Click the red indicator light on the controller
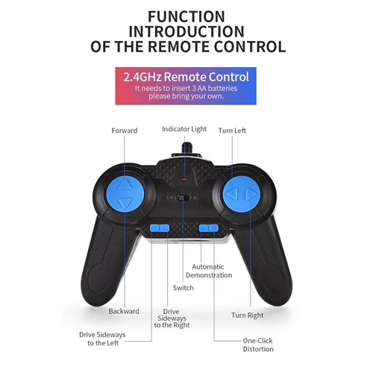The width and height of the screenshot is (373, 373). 184,179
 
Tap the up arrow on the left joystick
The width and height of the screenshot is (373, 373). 125,184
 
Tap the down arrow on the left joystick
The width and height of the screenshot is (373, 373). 125,203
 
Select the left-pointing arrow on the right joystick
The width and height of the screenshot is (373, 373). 233,193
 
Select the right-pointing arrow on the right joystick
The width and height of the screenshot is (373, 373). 251,194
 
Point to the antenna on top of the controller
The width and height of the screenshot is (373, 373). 185,148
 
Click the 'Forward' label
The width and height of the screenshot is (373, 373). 125,131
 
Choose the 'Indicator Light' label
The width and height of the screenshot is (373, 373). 184,129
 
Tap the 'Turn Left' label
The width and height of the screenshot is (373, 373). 232,131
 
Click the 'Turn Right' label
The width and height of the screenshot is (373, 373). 248,316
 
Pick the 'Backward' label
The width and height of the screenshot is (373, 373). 124,311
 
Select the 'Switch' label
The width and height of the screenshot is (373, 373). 184,288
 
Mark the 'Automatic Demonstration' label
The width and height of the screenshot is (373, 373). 209,271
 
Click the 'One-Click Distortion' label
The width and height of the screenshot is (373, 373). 258,345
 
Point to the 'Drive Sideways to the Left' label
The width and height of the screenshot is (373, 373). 102,339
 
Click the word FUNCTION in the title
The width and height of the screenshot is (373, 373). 186,16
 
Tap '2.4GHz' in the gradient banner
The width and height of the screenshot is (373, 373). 142,77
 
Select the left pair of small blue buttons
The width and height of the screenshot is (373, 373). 160,228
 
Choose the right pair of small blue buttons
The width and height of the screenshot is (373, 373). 209,228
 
